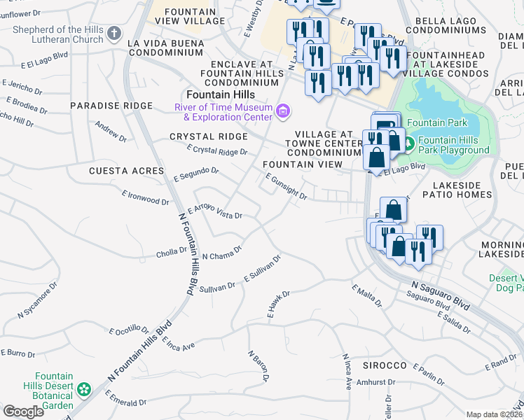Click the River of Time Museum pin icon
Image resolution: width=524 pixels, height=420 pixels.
point(282,111)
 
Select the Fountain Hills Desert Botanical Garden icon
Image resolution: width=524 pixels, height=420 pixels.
point(85,388)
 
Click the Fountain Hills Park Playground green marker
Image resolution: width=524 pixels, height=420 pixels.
point(408,145)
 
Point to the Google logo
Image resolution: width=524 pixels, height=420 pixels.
point(24,412)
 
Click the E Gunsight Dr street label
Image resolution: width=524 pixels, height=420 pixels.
point(287,187)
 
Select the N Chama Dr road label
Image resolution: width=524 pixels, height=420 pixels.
point(221,253)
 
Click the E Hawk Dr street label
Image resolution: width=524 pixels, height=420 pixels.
point(278,306)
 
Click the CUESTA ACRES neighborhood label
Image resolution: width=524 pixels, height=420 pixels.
point(116,171)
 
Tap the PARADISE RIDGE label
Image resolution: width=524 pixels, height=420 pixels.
point(111,106)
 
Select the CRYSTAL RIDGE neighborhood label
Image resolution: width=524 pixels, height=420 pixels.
point(208,136)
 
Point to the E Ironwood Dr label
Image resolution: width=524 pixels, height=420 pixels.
point(145,197)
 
